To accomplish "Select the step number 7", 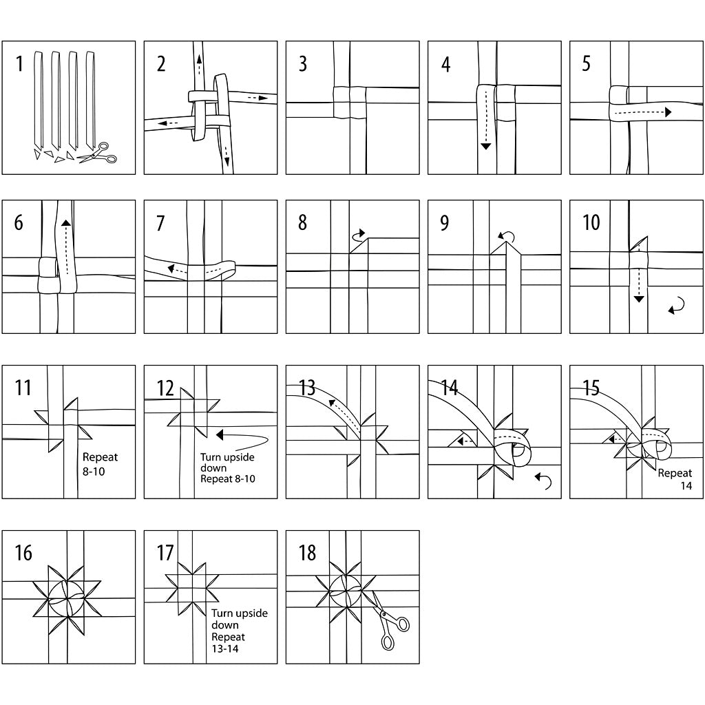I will coord(160,223).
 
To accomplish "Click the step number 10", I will coord(591,222).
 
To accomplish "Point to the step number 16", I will coord(23,552).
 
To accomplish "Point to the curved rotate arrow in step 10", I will coord(676,306).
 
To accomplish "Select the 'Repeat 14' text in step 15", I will coord(675,478).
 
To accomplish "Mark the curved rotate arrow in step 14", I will coord(544,481).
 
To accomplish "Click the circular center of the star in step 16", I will coord(67,596).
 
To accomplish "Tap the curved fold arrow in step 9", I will coord(507,238).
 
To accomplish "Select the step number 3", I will coord(303,64).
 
